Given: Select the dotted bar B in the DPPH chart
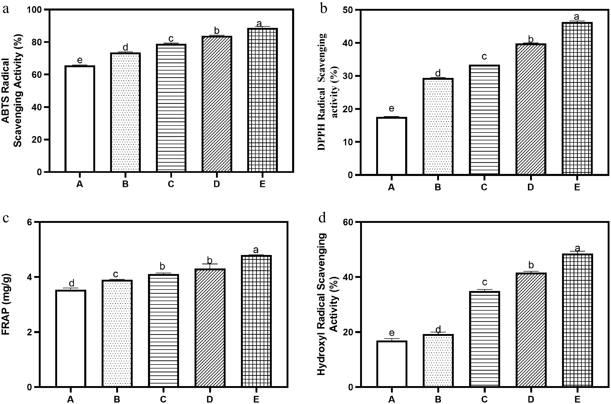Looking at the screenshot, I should (x=438, y=126).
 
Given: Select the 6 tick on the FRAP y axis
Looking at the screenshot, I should (x=29, y=222).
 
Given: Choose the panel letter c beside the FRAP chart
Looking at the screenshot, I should (x=6, y=218).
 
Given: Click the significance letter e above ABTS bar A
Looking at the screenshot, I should (x=80, y=60).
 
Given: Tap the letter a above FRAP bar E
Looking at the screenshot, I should (x=256, y=250).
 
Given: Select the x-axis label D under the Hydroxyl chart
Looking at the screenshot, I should (x=531, y=399).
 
